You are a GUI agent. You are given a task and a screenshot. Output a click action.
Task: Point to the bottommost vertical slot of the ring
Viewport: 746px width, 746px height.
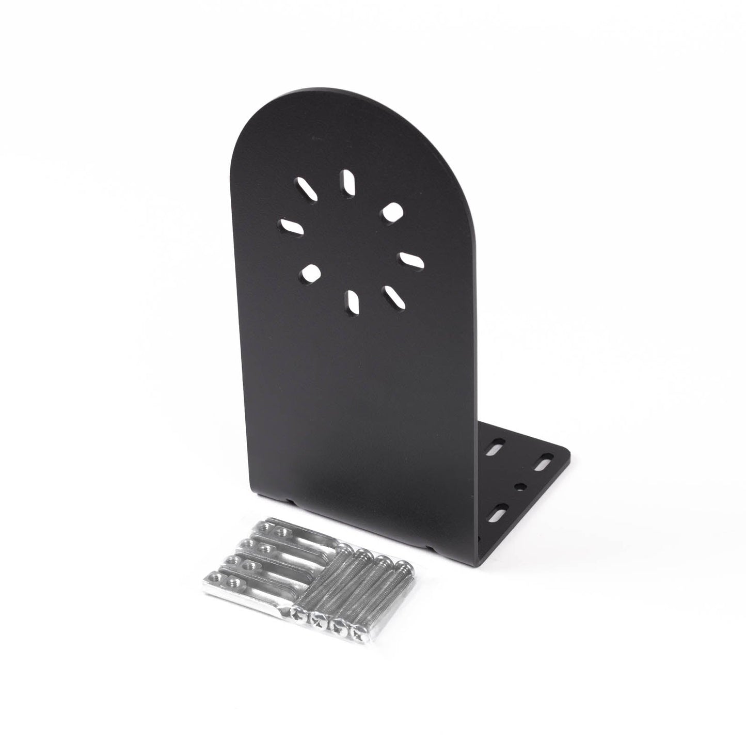(354, 299)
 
